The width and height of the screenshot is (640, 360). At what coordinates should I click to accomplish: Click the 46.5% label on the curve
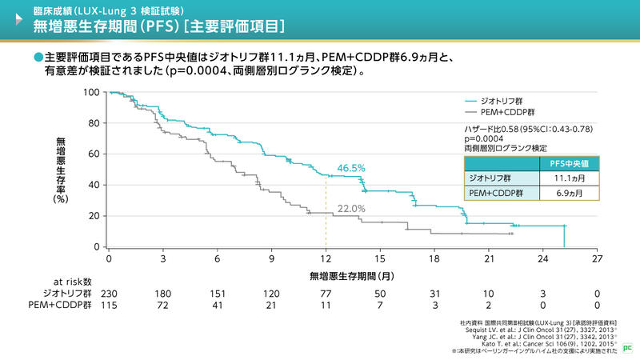click(x=351, y=168)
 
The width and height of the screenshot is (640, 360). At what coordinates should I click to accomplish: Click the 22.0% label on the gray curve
click(x=351, y=209)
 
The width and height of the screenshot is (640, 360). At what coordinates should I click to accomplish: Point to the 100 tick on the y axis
click(x=90, y=93)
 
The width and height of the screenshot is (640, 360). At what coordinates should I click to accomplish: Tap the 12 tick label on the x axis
click(x=326, y=259)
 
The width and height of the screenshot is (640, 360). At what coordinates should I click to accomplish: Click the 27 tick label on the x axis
click(x=597, y=259)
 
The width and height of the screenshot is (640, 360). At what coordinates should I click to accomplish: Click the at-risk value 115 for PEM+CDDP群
click(x=109, y=305)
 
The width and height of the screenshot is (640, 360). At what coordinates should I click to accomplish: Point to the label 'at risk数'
click(x=73, y=282)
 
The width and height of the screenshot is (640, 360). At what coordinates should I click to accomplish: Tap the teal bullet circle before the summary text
click(x=38, y=58)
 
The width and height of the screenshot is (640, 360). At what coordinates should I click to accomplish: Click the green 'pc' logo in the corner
click(x=627, y=349)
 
